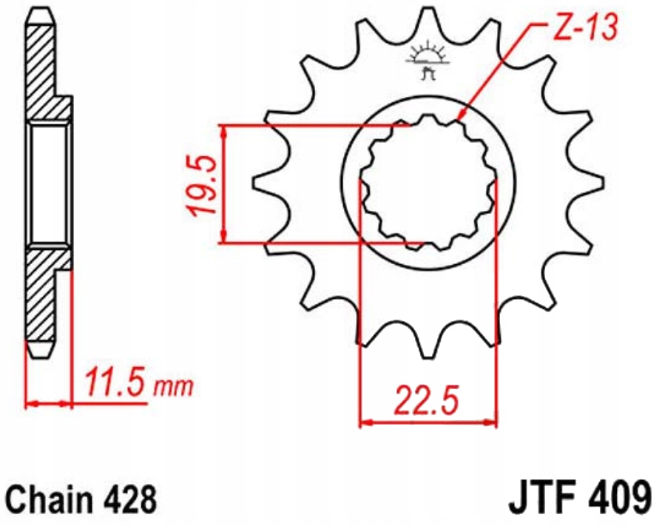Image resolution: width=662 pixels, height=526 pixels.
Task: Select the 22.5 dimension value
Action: (427, 401)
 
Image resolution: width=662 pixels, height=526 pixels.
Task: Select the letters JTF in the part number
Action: (541, 497)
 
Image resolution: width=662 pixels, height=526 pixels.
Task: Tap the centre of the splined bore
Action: (427, 183)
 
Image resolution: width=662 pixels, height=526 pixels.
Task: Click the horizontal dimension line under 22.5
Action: (427, 425)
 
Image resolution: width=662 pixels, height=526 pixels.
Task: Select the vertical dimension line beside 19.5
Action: (223, 185)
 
